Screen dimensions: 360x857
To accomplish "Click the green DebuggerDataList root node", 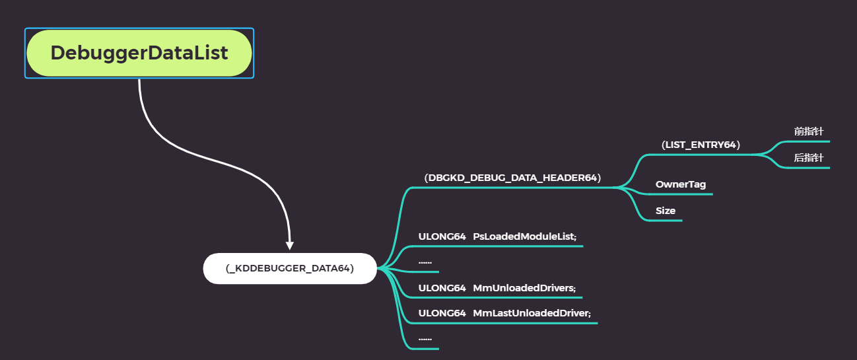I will pyautogui.click(x=139, y=53).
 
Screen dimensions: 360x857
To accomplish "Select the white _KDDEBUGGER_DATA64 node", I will pyautogui.click(x=290, y=268).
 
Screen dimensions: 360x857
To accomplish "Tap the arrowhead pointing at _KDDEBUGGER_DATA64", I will pyautogui.click(x=290, y=245).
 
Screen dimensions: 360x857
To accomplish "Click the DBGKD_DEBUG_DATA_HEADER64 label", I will pyautogui.click(x=512, y=178).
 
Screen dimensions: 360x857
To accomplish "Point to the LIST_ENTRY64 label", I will pyautogui.click(x=701, y=145).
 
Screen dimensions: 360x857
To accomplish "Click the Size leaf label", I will pyautogui.click(x=666, y=211).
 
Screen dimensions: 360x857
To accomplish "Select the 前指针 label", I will pyautogui.click(x=809, y=131).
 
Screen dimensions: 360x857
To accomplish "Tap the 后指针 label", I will pyautogui.click(x=809, y=158).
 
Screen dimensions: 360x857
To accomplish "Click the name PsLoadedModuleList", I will pyautogui.click(x=525, y=236).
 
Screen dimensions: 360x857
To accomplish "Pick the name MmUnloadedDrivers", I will pyautogui.click(x=524, y=288).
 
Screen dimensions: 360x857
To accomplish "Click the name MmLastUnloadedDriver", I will pyautogui.click(x=531, y=313).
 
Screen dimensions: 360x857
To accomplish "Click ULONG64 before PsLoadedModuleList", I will pyautogui.click(x=442, y=236).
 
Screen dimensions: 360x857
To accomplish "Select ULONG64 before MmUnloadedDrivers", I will pyautogui.click(x=442, y=288).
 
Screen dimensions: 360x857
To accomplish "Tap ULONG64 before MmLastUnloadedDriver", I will pyautogui.click(x=442, y=313).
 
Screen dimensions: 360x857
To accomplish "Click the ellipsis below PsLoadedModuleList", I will pyautogui.click(x=425, y=262).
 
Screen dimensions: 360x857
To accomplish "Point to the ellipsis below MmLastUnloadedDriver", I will pyautogui.click(x=425, y=339).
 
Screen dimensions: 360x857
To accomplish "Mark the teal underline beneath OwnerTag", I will pyautogui.click(x=680, y=194).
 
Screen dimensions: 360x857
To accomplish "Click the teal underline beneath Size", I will pyautogui.click(x=664, y=220).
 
